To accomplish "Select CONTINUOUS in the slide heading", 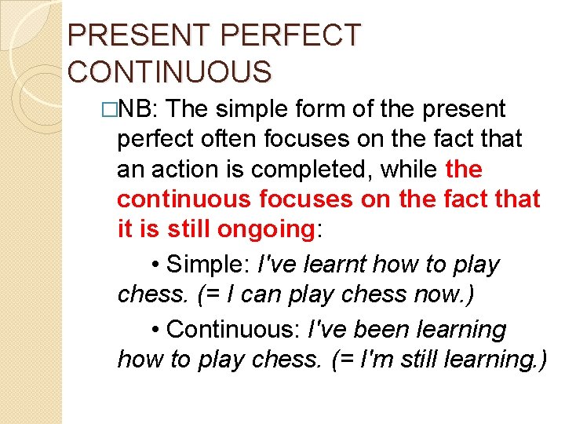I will coord(169,71).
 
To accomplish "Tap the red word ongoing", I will coord(264,229).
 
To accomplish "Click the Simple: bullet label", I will coord(209,265).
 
